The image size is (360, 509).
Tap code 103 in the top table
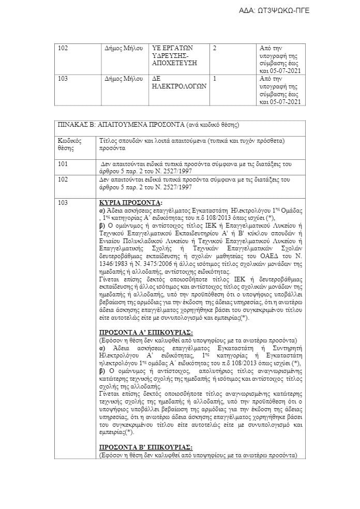63,79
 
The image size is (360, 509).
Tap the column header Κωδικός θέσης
68,144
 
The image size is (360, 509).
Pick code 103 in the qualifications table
63,202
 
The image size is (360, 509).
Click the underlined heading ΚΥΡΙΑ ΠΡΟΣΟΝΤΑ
130,202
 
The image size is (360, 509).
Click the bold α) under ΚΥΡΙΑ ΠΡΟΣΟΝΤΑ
102,212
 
